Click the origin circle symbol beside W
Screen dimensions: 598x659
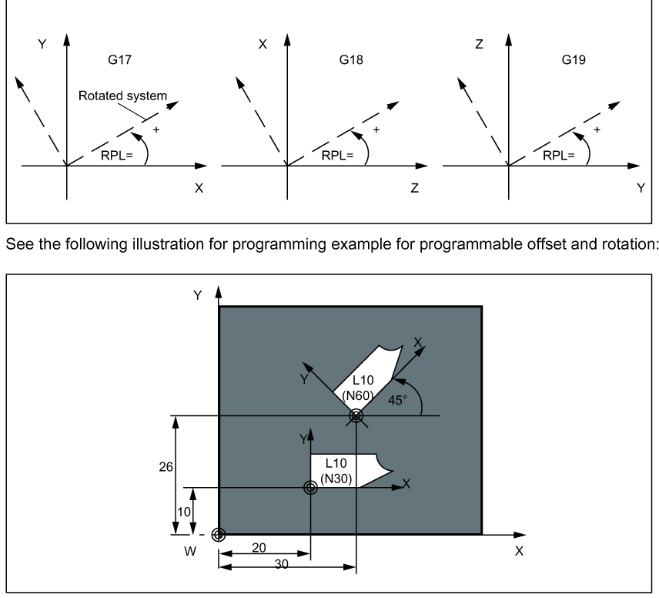pyautogui.click(x=219, y=534)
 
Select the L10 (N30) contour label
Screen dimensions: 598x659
pyautogui.click(x=336, y=470)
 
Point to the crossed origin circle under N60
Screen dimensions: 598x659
pyautogui.click(x=356, y=415)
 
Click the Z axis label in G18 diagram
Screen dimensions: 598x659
pyautogui.click(x=414, y=187)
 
